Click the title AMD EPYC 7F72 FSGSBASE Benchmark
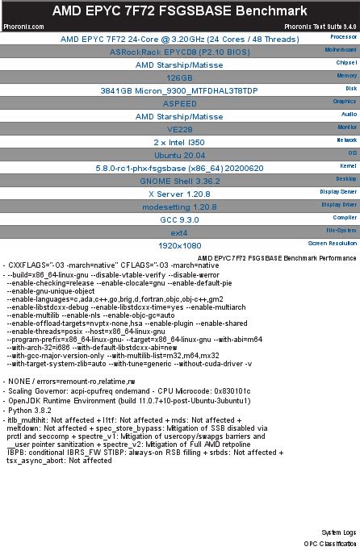180,10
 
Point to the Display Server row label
337,191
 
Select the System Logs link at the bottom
338,533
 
